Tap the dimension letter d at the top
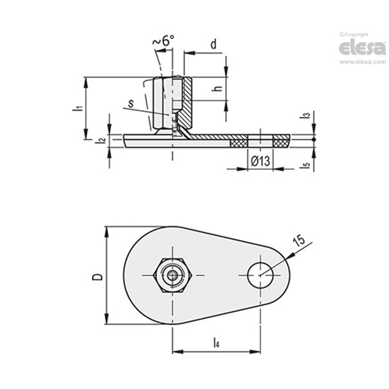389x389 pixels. point(213,45)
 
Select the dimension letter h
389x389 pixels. point(218,88)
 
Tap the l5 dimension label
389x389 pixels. point(307,165)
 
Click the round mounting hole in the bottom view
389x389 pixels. point(260,275)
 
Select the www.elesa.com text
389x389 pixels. point(362,62)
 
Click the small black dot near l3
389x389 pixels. point(314,139)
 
